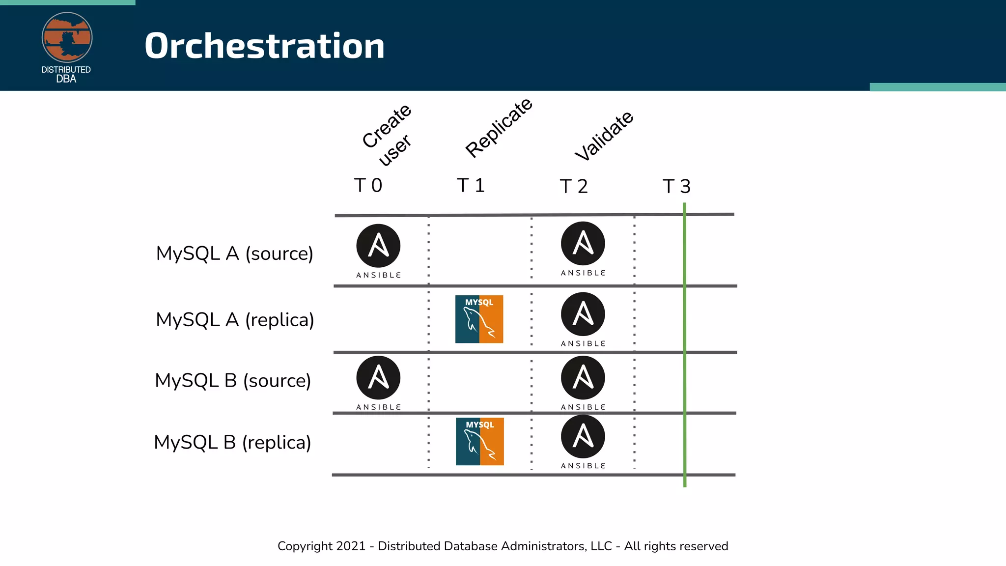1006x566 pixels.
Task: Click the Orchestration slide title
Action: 264,46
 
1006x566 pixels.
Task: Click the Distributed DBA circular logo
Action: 67,38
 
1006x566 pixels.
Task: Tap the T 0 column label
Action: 368,186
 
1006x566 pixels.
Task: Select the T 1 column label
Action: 471,186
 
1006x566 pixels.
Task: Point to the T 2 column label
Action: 574,187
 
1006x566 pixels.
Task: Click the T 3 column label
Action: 676,187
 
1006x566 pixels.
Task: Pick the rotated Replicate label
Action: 499,128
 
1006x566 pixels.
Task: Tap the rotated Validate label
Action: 604,136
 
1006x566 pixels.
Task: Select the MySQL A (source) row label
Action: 234,254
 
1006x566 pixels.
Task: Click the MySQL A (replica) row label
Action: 235,320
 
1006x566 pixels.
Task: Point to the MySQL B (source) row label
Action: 233,381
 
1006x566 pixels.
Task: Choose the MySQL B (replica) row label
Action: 232,443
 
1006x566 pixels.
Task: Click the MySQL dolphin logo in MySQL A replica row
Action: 479,319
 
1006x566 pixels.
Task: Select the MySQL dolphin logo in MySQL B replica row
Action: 480,441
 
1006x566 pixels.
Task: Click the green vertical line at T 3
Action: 684,344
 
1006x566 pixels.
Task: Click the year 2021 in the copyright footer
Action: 351,546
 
